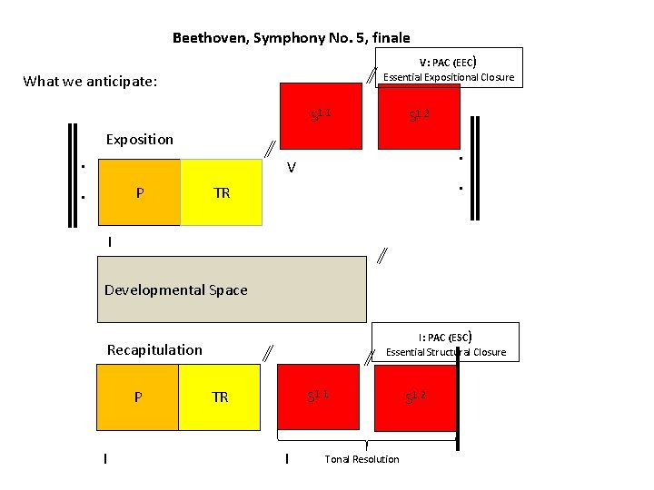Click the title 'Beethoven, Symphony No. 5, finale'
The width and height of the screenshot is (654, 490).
coord(291,38)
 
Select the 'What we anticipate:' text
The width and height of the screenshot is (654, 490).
coord(90,82)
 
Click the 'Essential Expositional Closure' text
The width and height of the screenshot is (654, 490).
coord(449,77)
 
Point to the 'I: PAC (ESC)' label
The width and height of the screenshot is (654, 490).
coord(445,336)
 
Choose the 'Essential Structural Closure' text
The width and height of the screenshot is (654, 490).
coord(445,352)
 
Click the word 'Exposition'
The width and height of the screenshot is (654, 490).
coord(139,139)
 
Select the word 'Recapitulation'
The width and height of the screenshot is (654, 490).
coord(154,349)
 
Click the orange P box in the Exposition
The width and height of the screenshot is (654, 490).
coord(139,192)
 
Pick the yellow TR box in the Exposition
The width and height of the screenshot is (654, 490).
coord(222,192)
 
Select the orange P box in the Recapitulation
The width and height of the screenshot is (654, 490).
coord(138,397)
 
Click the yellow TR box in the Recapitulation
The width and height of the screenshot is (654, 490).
coord(220,397)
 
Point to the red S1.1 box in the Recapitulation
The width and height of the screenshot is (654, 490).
coord(318,397)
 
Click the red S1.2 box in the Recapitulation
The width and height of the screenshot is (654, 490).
coord(415,397)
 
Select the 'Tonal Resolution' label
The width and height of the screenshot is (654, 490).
coord(362,459)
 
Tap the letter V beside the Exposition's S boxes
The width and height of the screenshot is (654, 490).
coord(291,167)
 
